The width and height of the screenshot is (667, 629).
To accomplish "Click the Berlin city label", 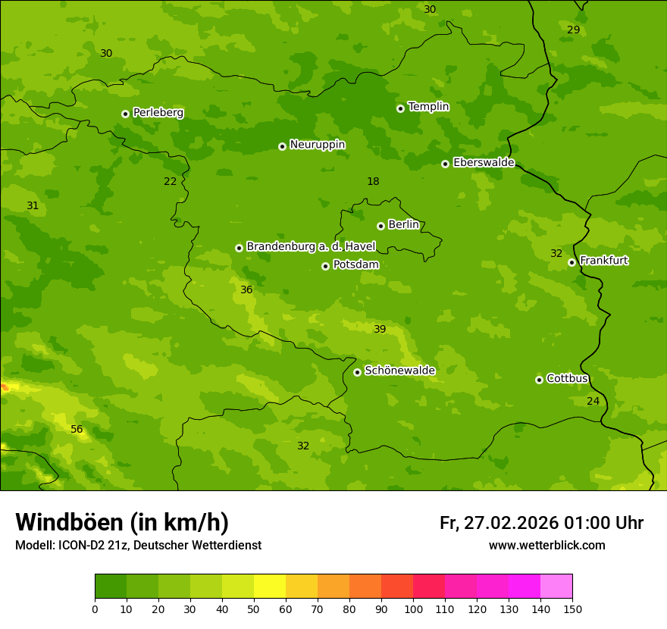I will pyautogui.click(x=403, y=224).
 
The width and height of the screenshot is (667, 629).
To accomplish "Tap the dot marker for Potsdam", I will pyautogui.click(x=325, y=266).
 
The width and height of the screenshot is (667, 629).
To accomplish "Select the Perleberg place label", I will pyautogui.click(x=158, y=113).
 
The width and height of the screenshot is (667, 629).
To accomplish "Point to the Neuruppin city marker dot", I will pyautogui.click(x=282, y=146).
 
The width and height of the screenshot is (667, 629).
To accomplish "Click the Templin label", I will pyautogui.click(x=428, y=107).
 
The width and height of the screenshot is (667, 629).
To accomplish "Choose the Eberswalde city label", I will pyautogui.click(x=484, y=163).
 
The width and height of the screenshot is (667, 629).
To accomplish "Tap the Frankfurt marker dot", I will pyautogui.click(x=571, y=262).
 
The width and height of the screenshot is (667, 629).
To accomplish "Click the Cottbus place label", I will pyautogui.click(x=567, y=379).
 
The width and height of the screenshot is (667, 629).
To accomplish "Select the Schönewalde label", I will pyautogui.click(x=399, y=371).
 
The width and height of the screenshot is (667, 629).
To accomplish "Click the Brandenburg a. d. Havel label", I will pyautogui.click(x=311, y=246).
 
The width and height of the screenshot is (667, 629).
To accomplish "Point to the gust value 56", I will pyautogui.click(x=77, y=430).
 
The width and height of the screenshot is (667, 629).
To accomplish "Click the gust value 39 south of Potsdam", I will pyautogui.click(x=380, y=329).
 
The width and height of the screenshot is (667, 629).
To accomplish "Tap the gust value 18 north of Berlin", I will pyautogui.click(x=373, y=181).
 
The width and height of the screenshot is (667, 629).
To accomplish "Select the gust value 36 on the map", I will pyautogui.click(x=246, y=289).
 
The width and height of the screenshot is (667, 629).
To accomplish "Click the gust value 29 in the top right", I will pyautogui.click(x=573, y=30).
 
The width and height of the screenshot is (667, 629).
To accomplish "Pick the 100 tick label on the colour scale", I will pyautogui.click(x=413, y=609).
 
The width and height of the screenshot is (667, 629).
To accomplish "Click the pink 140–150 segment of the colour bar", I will pyautogui.click(x=556, y=587).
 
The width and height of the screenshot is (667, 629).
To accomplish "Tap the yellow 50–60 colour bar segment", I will pyautogui.click(x=270, y=587).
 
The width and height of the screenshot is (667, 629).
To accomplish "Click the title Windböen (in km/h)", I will pyautogui.click(x=122, y=522).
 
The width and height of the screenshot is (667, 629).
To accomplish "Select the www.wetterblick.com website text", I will pyautogui.click(x=546, y=545).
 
